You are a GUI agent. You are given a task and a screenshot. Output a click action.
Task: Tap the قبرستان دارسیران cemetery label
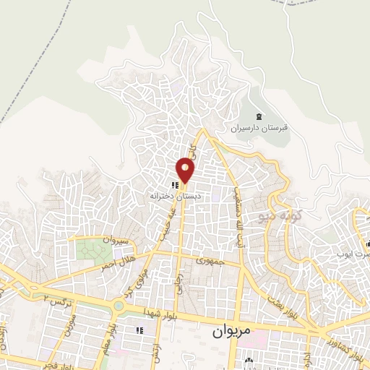(x=259, y=128)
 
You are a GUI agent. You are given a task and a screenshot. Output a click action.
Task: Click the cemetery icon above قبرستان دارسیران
(x=259, y=116)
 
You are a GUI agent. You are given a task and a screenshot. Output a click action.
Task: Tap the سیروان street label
(x=113, y=238)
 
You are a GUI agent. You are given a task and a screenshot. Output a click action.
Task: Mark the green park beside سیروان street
(x=91, y=251)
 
